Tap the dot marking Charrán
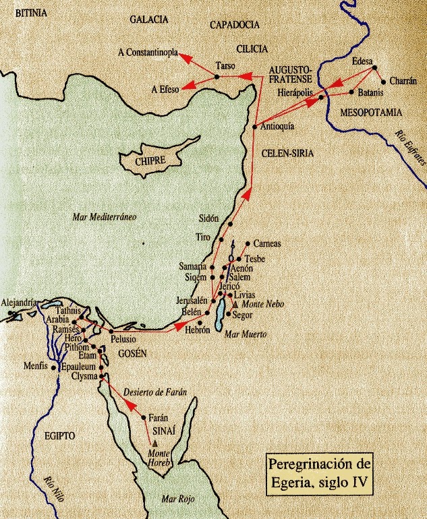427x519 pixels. click(x=383, y=82)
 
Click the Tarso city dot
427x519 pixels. click(x=217, y=77)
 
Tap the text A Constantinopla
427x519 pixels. click(x=147, y=51)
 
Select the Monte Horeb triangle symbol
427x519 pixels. click(x=156, y=441)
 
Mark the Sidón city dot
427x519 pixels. click(x=229, y=224)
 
